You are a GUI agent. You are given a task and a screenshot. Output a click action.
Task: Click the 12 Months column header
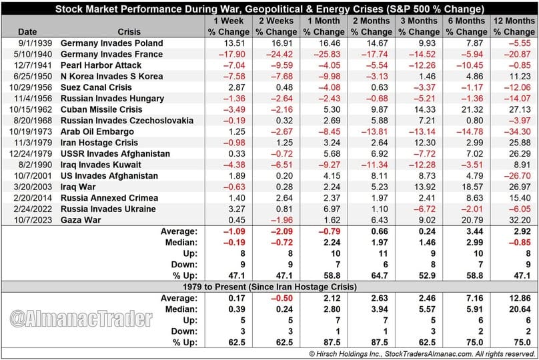[x=513, y=26]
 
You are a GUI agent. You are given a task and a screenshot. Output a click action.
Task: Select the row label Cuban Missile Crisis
[x=101, y=109]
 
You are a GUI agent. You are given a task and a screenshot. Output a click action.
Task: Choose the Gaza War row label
[x=80, y=219]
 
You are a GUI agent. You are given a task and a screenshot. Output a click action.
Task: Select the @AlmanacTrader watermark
[x=81, y=319]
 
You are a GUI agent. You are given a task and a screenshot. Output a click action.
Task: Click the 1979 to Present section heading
[x=269, y=287]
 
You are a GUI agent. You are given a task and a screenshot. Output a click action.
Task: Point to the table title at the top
[x=269, y=9]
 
